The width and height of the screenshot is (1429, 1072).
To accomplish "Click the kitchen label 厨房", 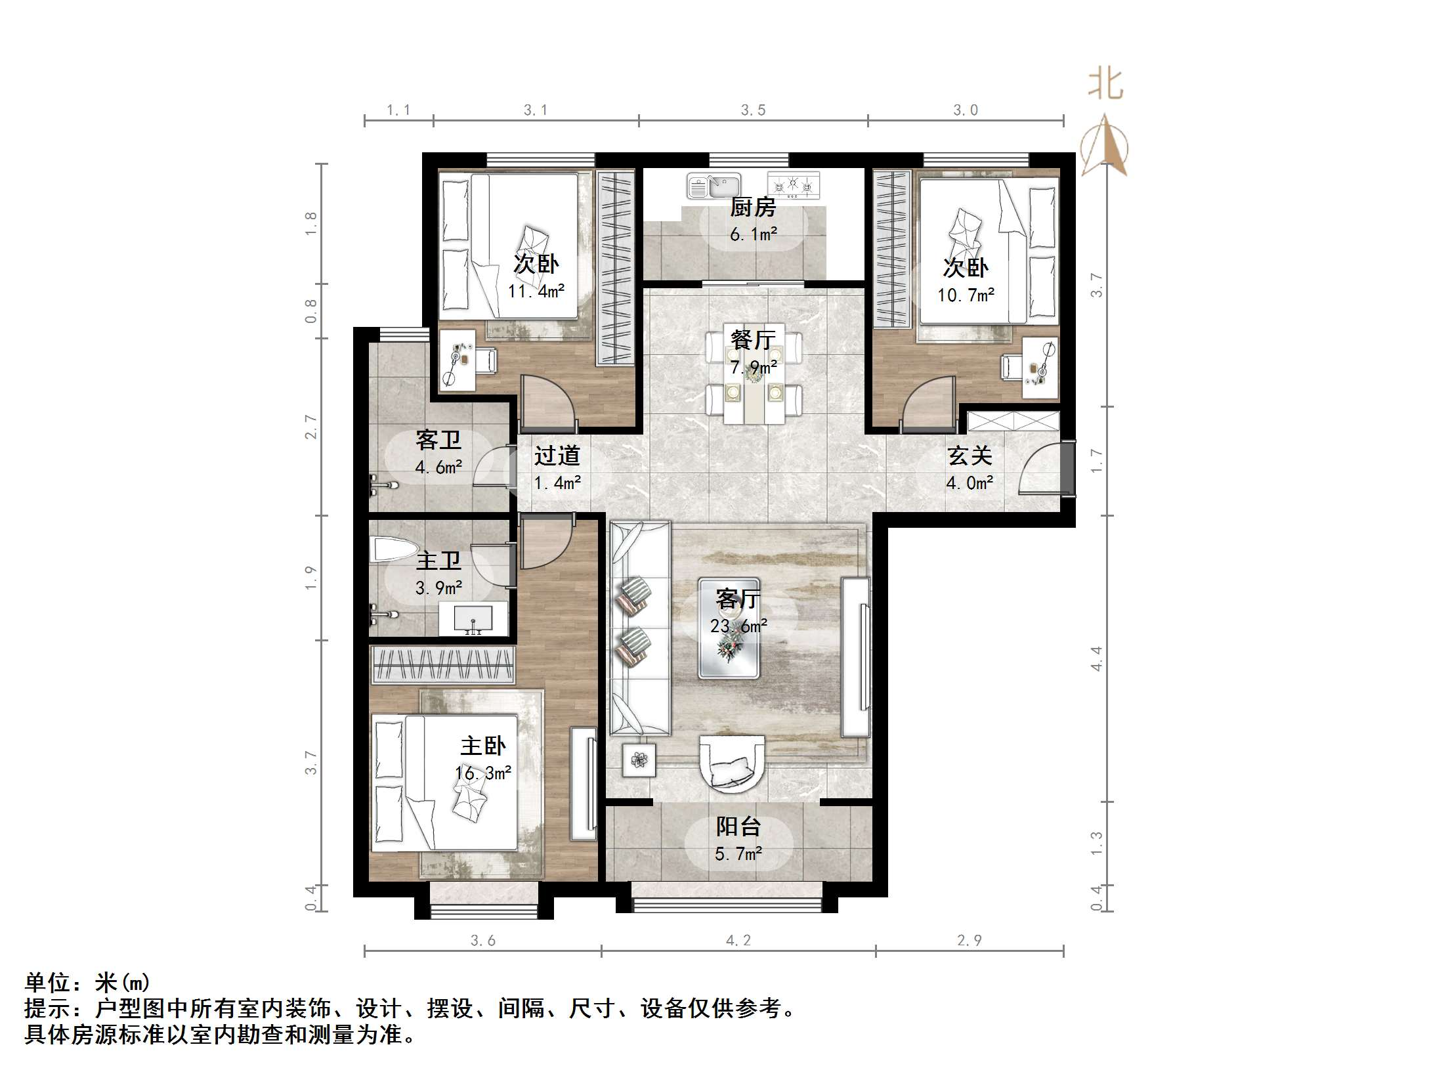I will pyautogui.click(x=753, y=207).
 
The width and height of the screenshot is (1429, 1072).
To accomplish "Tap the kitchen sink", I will pyautogui.click(x=714, y=186).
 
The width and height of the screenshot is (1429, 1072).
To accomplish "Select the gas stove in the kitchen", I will pyautogui.click(x=794, y=185).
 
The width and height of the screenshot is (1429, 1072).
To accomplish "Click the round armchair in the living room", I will pyautogui.click(x=731, y=762).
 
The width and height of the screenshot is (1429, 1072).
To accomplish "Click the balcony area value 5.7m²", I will pyautogui.click(x=738, y=854).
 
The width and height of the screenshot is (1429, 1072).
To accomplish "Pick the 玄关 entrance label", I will pyautogui.click(x=969, y=456).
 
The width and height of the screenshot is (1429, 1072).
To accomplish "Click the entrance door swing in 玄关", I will pyautogui.click(x=1040, y=469).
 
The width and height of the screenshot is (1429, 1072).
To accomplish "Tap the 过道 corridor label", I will pyautogui.click(x=557, y=456).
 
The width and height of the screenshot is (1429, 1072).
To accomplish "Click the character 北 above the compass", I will pyautogui.click(x=1106, y=85).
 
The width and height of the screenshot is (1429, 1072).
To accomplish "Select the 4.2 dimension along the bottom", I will pyautogui.click(x=738, y=941).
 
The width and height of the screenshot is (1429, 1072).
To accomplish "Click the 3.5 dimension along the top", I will pyautogui.click(x=753, y=110).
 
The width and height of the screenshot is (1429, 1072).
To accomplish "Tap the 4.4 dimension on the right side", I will pyautogui.click(x=1096, y=658).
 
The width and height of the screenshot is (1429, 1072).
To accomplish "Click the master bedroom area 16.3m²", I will pyautogui.click(x=484, y=773).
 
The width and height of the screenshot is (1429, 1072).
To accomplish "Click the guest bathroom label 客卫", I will pyautogui.click(x=438, y=440).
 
